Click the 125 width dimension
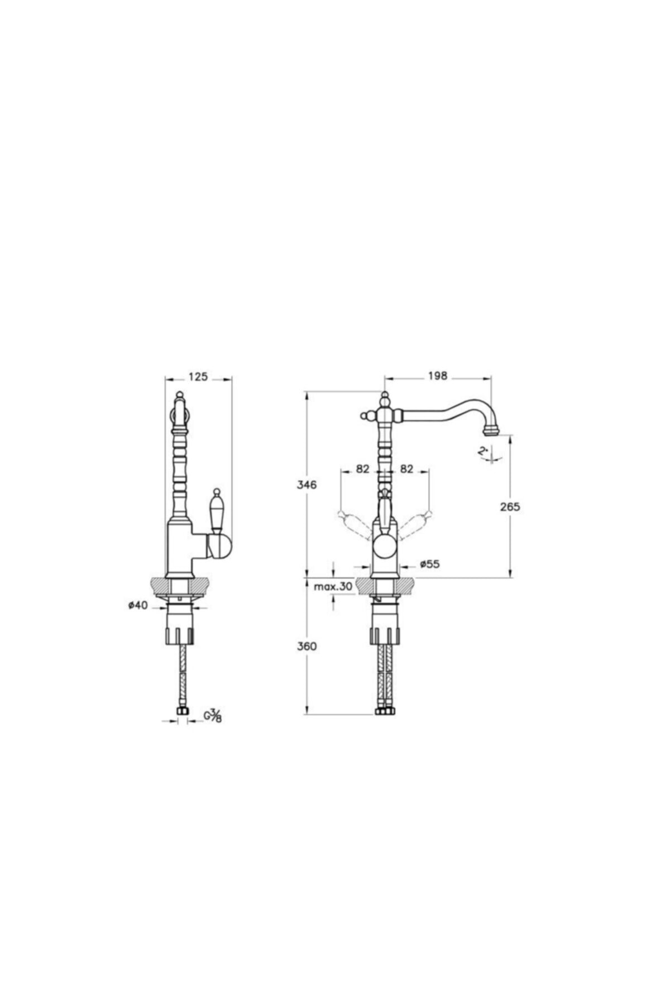(198, 377)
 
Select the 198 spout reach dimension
(438, 377)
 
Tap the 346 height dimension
(307, 485)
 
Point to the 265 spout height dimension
(510, 506)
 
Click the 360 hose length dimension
(307, 646)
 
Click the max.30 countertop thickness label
(333, 587)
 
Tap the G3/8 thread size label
(213, 715)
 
